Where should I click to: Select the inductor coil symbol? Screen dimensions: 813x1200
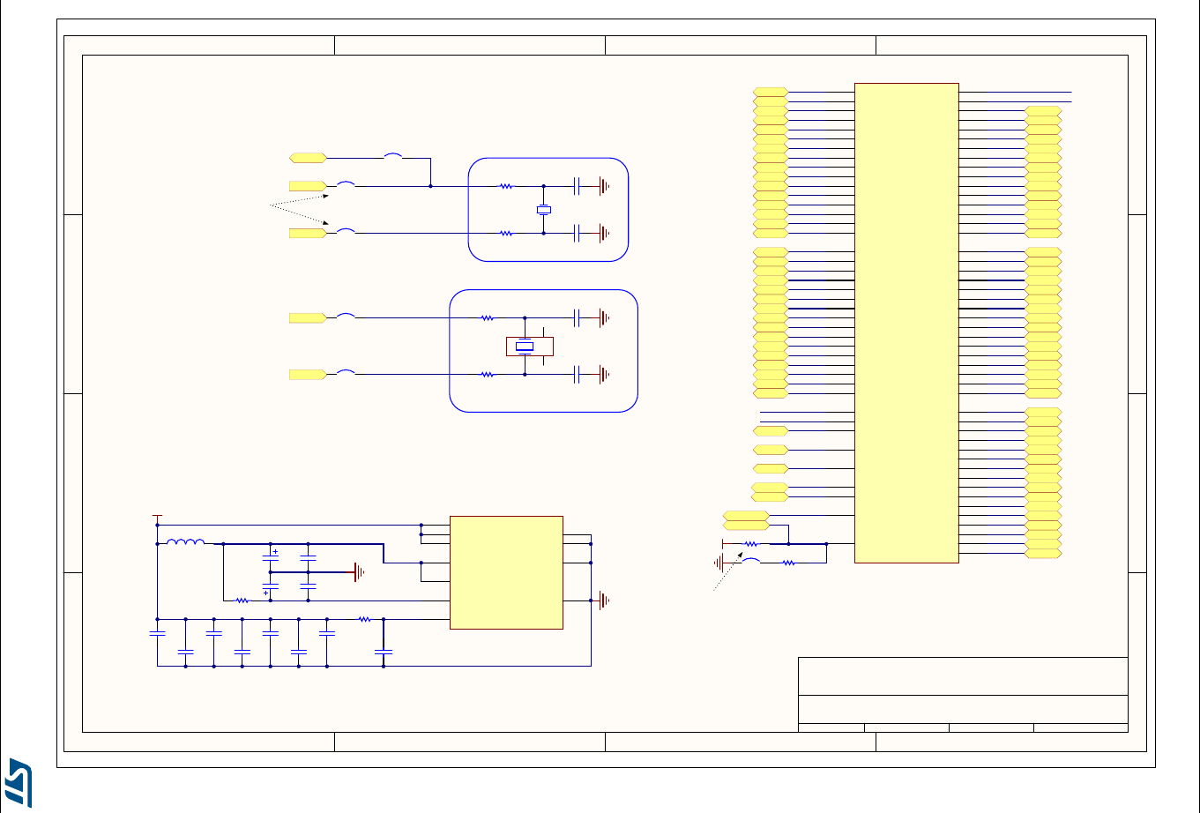tap(185, 543)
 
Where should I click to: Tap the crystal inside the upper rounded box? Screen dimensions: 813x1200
tap(543, 210)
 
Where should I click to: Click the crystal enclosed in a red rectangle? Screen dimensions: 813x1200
tap(525, 347)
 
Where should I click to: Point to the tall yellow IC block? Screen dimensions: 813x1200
tap(906, 322)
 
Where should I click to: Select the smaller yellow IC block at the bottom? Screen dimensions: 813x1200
tap(506, 572)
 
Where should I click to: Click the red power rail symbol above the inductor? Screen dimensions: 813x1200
tap(158, 516)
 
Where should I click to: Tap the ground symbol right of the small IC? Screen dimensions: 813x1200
tap(603, 600)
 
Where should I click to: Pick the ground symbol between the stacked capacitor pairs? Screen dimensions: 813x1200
tap(359, 572)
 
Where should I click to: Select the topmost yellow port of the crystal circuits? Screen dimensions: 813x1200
tap(308, 158)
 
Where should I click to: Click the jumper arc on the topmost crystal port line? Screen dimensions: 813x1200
tap(393, 157)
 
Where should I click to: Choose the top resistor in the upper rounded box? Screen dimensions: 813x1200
tap(506, 186)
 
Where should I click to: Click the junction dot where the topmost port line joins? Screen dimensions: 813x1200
tap(430, 186)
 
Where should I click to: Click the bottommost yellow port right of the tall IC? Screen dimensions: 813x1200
tap(1043, 554)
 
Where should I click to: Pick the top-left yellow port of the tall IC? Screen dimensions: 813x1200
tap(771, 92)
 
